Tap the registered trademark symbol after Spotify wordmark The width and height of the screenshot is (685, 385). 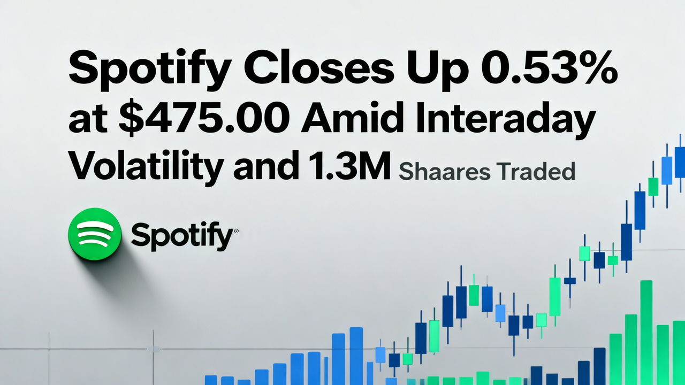(x=236, y=231)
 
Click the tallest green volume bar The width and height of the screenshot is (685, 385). (x=646, y=332)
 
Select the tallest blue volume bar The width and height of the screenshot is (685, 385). (x=356, y=356)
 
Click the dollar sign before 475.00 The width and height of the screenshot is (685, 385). (x=129, y=120)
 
